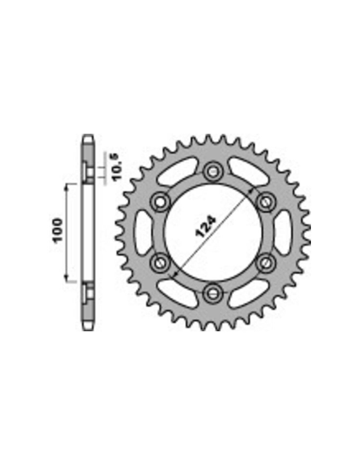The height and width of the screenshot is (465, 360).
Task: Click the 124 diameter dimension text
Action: (x=205, y=227)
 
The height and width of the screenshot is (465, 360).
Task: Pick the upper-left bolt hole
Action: (x=160, y=202)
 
